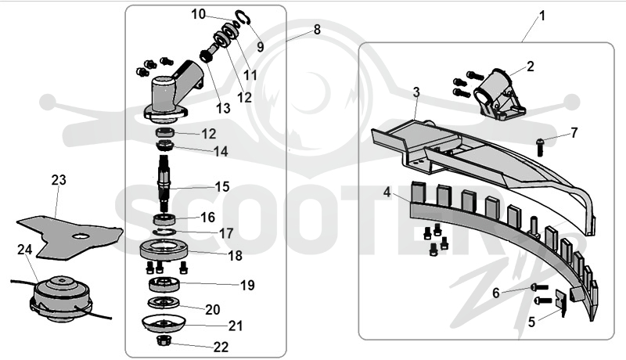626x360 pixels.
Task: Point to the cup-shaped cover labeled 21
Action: (x=164, y=322)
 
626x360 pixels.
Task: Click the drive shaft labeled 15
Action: (x=165, y=183)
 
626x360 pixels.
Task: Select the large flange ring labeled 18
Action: (x=164, y=251)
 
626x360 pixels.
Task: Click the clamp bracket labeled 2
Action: (x=496, y=94)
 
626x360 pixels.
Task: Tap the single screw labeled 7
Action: (x=540, y=146)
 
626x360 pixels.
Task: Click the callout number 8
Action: (x=317, y=29)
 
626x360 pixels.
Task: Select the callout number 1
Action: (x=541, y=16)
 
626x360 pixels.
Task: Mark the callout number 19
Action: (x=247, y=285)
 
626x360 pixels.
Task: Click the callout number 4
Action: (x=387, y=192)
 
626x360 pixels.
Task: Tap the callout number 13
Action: (x=223, y=108)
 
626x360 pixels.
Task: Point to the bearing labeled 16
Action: (x=164, y=219)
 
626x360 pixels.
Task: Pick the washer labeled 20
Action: (x=164, y=303)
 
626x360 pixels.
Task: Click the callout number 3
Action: (x=416, y=92)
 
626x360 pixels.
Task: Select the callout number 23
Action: (x=59, y=180)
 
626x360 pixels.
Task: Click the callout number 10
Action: (x=199, y=14)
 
